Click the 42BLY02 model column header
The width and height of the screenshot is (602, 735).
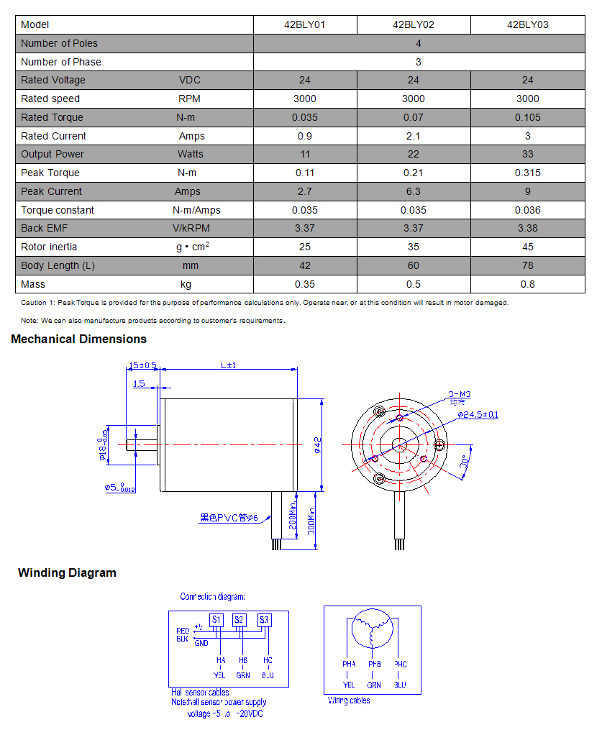413,24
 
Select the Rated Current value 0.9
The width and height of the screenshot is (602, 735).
305,136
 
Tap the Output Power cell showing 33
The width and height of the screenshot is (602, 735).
527,154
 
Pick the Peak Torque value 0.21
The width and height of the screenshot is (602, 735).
413,173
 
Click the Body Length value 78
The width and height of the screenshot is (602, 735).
527,265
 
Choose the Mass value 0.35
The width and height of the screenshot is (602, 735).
305,284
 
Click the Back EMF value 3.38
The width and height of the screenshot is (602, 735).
527,228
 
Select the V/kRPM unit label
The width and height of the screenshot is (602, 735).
191,228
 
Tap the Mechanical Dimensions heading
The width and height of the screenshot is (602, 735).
78,339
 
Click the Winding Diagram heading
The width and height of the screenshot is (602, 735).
67,573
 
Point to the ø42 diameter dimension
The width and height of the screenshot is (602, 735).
318,446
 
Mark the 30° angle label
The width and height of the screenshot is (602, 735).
465,462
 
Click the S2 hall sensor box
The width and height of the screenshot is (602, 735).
240,619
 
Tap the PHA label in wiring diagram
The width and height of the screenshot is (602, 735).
349,664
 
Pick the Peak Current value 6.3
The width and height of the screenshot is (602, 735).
413,191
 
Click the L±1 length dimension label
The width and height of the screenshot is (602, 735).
228,365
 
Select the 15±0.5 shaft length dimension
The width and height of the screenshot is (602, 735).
142,365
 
